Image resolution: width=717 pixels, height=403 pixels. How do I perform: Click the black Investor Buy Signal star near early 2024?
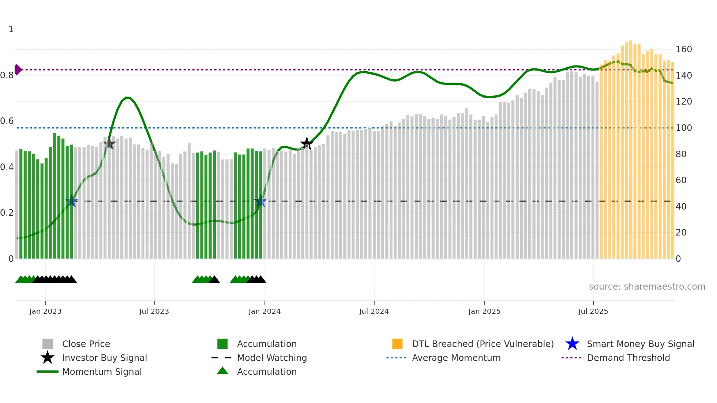click(307, 143)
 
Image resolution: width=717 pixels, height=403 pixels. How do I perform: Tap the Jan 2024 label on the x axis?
click(264, 311)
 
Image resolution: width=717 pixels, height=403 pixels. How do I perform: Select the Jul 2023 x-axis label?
click(154, 311)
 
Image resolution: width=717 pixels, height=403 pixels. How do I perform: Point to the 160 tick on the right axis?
click(683, 49)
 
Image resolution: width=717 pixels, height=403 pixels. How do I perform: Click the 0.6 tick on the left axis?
click(7, 121)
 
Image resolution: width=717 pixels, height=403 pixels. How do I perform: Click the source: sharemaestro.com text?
click(647, 287)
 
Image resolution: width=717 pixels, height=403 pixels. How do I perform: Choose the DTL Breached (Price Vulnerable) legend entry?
click(483, 344)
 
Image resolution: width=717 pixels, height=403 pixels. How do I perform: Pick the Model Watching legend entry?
click(271, 358)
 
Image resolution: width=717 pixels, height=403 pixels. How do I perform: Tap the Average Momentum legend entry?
click(456, 358)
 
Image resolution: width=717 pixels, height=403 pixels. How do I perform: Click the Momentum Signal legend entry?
click(102, 372)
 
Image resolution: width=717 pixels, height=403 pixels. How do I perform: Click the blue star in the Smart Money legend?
click(572, 344)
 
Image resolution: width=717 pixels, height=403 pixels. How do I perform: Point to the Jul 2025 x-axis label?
click(593, 311)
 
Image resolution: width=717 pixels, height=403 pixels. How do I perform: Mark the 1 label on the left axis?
click(11, 29)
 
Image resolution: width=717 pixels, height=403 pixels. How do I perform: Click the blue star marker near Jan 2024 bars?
click(260, 201)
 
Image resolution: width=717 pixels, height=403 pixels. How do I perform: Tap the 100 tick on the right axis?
click(683, 128)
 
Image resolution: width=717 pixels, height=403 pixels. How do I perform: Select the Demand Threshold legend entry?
click(628, 358)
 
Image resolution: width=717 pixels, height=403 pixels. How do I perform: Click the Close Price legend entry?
click(86, 344)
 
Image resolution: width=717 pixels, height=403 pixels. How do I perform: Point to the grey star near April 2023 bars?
click(109, 144)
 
